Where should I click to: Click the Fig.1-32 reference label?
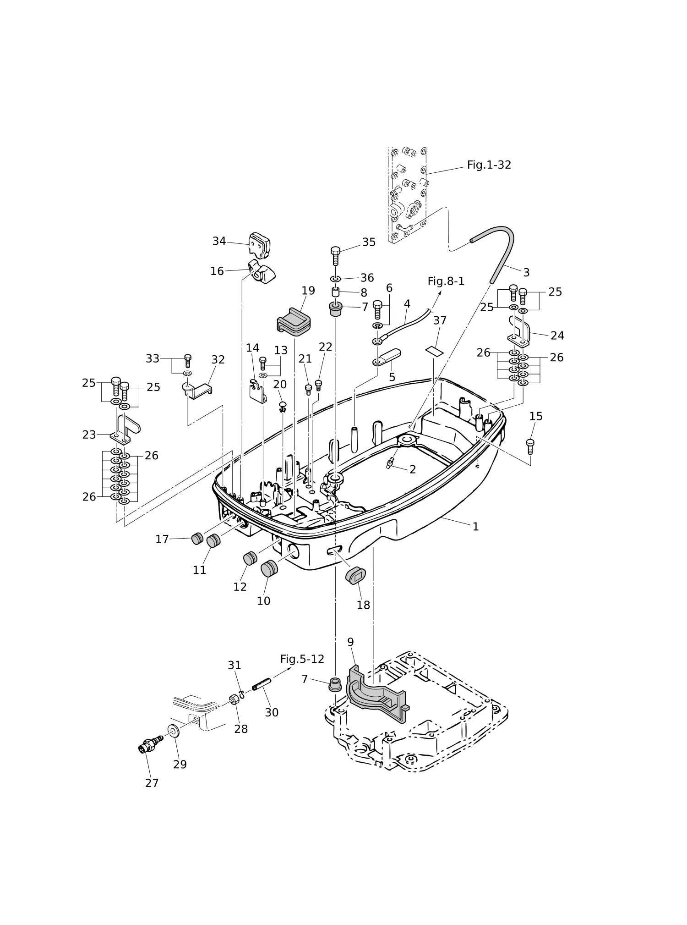[489, 165]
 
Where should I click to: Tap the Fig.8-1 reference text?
[446, 281]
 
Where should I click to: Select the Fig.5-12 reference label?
[302, 659]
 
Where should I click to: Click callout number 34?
[219, 241]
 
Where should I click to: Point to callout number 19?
[308, 291]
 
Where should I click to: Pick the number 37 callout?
[440, 320]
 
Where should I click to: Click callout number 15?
[536, 416]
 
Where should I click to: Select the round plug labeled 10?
[269, 569]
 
